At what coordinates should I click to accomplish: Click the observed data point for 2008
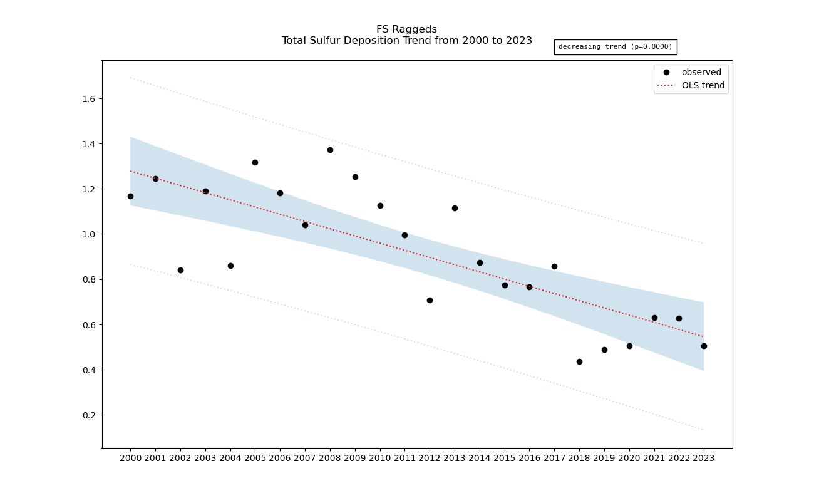point(330,150)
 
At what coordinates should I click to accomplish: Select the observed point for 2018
point(579,361)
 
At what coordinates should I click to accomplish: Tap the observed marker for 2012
point(430,300)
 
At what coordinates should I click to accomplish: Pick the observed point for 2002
point(180,270)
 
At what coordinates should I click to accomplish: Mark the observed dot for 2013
point(455,208)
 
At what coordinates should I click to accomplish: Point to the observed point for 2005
point(255,162)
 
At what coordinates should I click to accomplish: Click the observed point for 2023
point(704,346)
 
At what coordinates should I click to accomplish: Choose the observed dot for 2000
point(130,196)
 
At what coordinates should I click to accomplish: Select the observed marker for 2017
point(554,266)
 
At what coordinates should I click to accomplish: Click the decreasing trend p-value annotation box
point(615,47)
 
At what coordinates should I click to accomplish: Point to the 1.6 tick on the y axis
point(87,99)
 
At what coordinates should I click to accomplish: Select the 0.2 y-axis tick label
point(87,415)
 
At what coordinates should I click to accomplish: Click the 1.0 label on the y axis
point(87,234)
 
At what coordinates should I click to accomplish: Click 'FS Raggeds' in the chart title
point(406,29)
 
